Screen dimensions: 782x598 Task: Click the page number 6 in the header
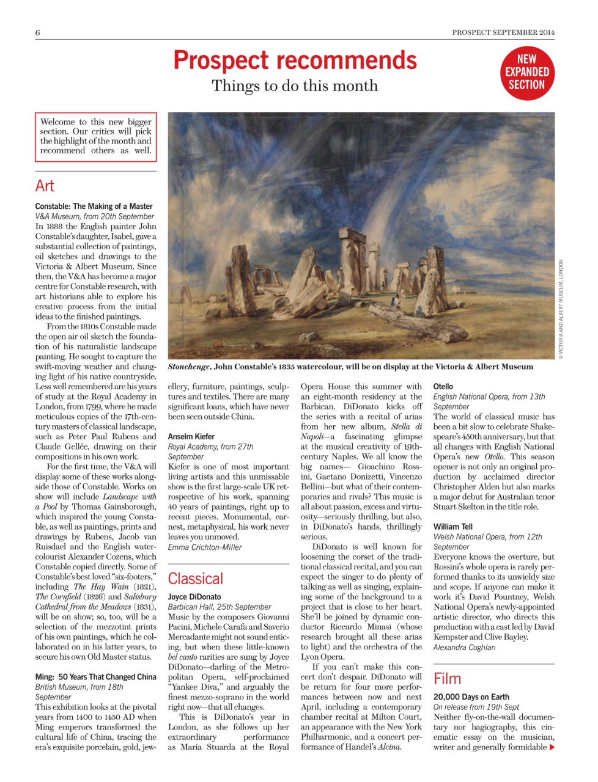[38, 32]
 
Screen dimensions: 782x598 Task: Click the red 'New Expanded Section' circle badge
[526, 73]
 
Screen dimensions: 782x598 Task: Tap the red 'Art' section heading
[45, 186]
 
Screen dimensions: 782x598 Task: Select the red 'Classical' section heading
[196, 579]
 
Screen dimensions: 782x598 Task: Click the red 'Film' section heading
[447, 679]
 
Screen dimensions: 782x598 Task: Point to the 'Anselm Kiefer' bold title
[191, 436]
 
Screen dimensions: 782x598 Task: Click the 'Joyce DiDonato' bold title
[194, 597]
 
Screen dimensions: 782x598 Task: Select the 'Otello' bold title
[443, 386]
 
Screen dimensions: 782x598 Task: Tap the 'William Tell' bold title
[453, 527]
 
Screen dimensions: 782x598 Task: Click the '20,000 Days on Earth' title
[471, 696]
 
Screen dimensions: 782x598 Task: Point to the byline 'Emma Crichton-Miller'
[205, 547]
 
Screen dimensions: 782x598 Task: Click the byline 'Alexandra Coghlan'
[465, 648]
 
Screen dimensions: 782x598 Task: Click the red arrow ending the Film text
[552, 747]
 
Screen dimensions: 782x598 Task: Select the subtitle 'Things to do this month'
[295, 86]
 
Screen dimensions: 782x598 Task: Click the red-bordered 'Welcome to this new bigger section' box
[96, 136]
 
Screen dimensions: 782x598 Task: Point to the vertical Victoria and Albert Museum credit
[561, 309]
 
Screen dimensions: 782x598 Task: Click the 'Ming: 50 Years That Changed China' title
[96, 677]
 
